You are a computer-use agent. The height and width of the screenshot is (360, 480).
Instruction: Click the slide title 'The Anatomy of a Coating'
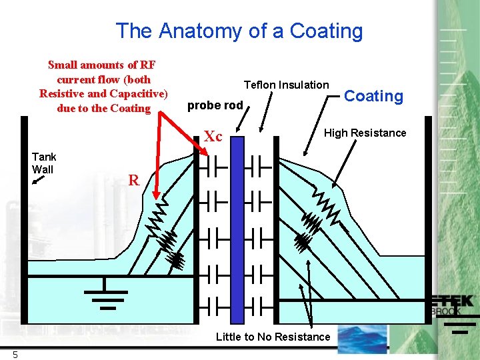[x=239, y=31]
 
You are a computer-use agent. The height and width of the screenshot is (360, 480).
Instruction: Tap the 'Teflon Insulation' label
[x=286, y=85]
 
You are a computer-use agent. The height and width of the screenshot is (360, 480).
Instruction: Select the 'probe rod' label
[x=215, y=105]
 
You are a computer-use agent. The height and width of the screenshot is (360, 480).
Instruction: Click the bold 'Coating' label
[x=373, y=96]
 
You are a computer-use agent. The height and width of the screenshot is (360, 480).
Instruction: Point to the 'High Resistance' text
[x=365, y=133]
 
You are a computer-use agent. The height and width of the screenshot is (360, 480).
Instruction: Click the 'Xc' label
[x=213, y=137]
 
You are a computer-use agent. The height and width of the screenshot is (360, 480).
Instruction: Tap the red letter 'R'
[x=134, y=180]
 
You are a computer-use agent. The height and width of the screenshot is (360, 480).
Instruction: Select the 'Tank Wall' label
[x=44, y=163]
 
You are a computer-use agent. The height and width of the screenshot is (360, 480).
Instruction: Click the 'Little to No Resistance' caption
[x=273, y=337]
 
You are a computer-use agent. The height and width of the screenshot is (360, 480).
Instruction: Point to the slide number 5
[x=15, y=355]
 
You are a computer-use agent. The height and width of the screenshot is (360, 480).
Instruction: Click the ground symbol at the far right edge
[x=459, y=323]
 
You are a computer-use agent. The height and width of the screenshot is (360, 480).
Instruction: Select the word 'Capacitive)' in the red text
[x=140, y=93]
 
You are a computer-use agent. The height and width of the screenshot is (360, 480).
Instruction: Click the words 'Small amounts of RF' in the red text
[x=101, y=65]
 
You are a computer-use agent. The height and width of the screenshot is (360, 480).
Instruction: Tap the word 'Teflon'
[x=260, y=85]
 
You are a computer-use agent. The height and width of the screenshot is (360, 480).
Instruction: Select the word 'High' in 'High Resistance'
[x=335, y=133]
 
